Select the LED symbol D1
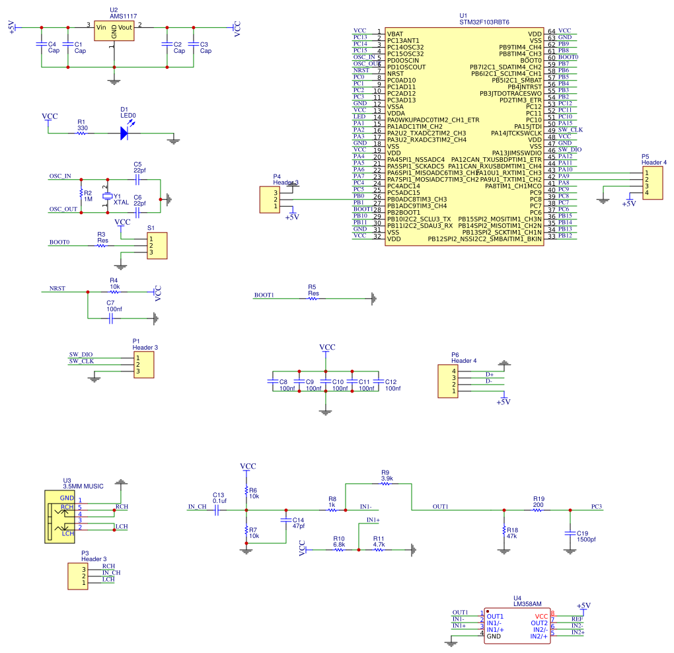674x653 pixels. click(124, 133)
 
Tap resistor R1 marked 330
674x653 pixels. click(82, 133)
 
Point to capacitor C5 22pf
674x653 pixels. click(137, 179)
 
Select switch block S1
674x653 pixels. click(157, 246)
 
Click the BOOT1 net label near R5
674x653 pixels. click(264, 295)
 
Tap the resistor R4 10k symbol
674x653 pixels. click(114, 291)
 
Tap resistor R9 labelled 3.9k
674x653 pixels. click(387, 484)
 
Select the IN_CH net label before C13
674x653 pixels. click(197, 507)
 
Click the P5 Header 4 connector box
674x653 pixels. click(655, 182)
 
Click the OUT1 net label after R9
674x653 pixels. click(440, 506)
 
